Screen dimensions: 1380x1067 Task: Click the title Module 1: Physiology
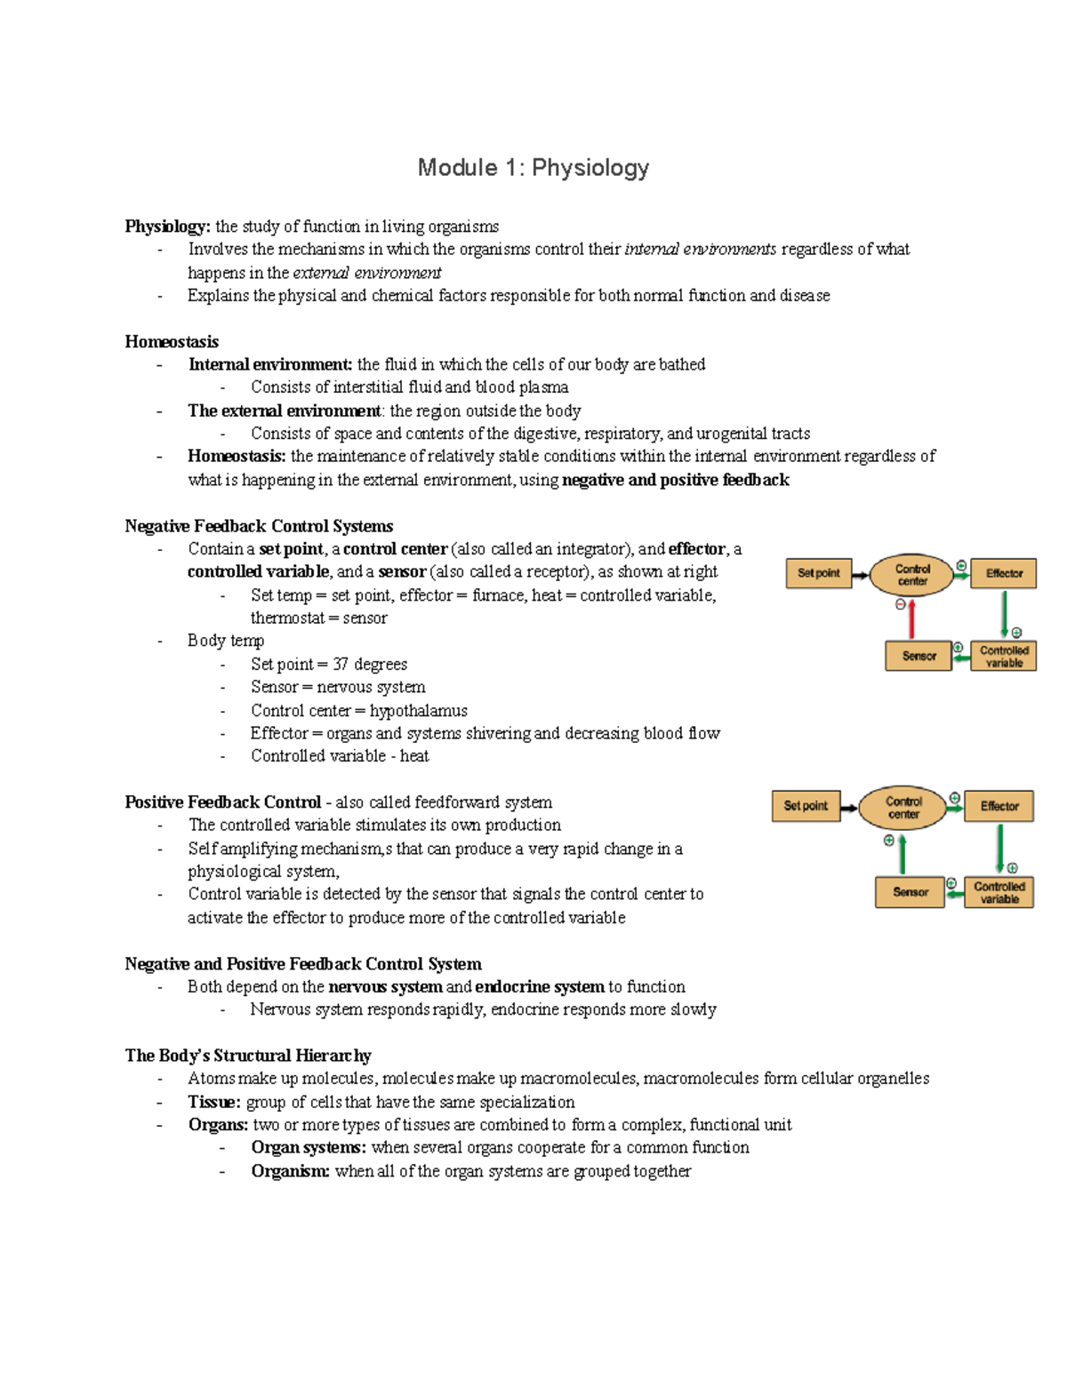533,168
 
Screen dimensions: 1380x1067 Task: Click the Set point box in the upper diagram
818,574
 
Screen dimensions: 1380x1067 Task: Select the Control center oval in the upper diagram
911,575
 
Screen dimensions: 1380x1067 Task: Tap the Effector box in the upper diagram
1004,574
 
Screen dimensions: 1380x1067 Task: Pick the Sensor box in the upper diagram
919,656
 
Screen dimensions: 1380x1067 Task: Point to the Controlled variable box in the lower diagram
999,892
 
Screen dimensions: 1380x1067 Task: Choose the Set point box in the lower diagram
806,806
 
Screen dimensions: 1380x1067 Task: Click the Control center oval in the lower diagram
903,807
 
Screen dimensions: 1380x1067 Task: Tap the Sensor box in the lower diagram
910,892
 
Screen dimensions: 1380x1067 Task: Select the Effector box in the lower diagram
999,806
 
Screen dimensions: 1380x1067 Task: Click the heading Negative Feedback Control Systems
259,526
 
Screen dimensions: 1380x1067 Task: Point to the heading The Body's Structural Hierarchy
248,1056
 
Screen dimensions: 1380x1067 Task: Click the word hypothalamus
418,711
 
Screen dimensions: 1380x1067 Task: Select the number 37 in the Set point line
341,665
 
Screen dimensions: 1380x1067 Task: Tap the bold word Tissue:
214,1102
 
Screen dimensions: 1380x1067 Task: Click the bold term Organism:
290,1171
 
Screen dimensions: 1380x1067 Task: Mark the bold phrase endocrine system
540,986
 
